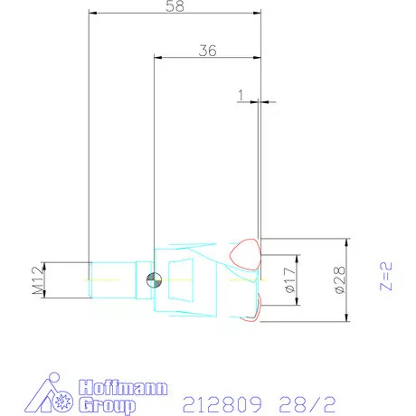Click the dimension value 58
[x=175, y=7]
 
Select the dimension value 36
[x=207, y=52]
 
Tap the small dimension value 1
[x=241, y=94]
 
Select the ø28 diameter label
[x=339, y=281]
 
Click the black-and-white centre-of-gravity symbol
[x=155, y=279]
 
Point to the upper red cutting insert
[x=246, y=254]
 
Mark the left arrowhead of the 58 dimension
[x=92, y=14]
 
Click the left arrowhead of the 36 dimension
[x=157, y=58]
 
